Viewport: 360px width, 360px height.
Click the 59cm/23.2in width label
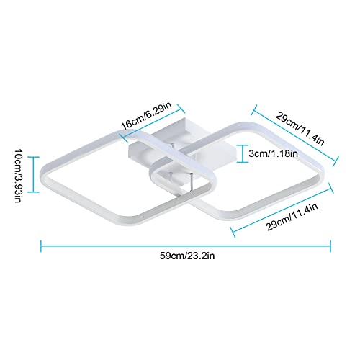click(187, 256)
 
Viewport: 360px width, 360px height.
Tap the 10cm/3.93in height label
click(19, 176)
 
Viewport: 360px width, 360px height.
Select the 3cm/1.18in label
click(273, 153)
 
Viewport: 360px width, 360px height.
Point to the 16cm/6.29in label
click(146, 116)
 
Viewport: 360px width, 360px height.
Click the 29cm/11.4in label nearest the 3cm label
click(300, 129)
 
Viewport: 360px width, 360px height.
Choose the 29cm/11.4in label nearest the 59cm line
click(292, 217)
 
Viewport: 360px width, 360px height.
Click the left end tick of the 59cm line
click(41, 246)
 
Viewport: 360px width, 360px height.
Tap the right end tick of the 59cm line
click(330, 246)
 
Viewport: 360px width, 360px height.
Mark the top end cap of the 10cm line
click(33, 157)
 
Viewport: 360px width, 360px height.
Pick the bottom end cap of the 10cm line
click(33, 192)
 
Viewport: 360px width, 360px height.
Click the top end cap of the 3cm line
click(243, 145)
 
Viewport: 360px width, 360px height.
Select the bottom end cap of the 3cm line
click(243, 162)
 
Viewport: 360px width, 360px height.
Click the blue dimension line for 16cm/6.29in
click(153, 123)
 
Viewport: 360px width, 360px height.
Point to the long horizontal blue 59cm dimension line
click(186, 246)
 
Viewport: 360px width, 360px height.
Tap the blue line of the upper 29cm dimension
click(295, 135)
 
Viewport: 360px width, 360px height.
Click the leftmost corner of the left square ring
click(41, 174)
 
